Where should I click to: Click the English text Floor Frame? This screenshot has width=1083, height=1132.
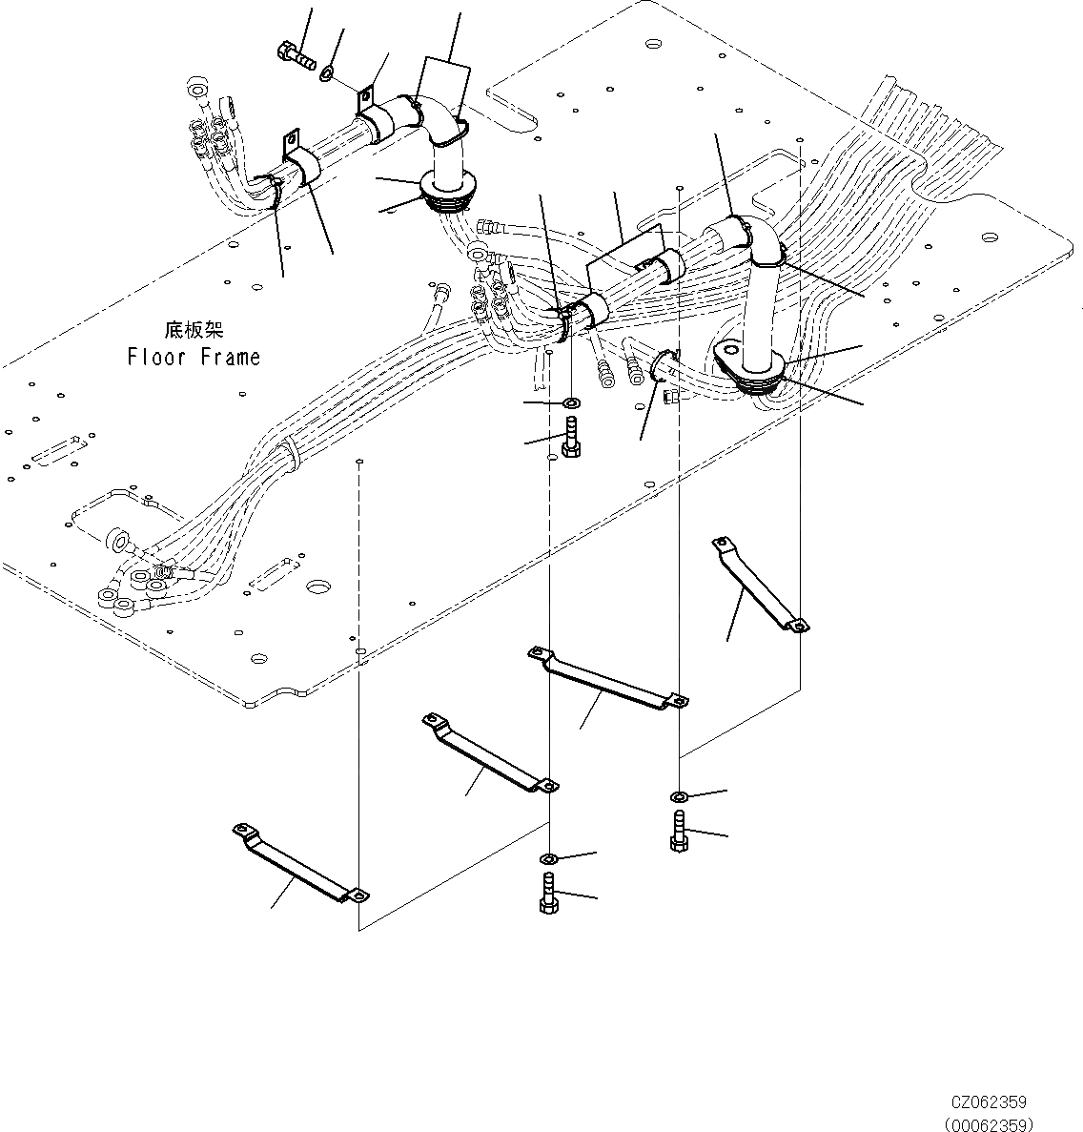pos(194,358)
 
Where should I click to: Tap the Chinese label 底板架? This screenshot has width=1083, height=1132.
pos(194,330)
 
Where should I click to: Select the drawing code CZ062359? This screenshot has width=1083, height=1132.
pos(988,1103)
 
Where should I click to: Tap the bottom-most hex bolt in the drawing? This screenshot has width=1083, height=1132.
pos(548,894)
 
